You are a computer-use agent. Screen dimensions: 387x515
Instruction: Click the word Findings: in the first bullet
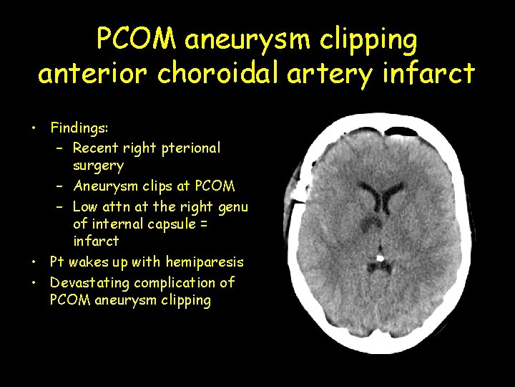[79, 128]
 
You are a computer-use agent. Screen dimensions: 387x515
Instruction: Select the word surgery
[98, 166]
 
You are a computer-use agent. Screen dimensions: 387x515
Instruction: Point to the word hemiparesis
[205, 262]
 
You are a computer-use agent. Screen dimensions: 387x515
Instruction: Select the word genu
[233, 207]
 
